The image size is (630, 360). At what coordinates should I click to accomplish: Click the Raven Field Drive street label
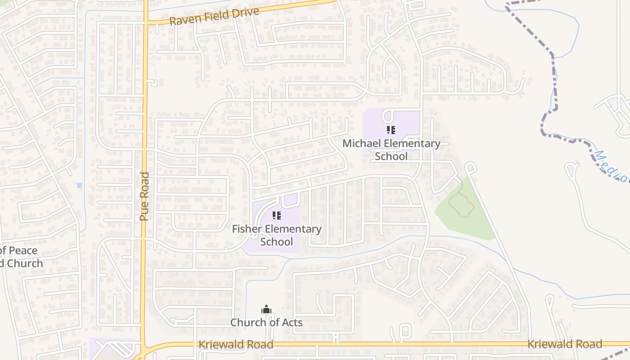pos(215,17)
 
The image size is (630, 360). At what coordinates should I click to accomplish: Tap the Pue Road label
pos(144,196)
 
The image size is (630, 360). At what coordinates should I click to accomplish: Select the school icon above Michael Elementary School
pos(391,130)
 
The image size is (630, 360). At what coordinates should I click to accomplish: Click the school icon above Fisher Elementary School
pos(276,216)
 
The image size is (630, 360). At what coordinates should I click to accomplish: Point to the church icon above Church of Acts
pos(266,310)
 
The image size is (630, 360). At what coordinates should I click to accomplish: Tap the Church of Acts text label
pos(266,323)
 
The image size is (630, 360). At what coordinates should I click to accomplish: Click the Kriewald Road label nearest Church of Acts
pos(236,345)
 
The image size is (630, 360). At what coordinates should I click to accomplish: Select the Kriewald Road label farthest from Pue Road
pos(564,344)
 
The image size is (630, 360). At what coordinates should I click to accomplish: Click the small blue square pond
pos(80,185)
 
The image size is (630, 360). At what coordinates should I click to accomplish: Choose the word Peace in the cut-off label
pos(22,251)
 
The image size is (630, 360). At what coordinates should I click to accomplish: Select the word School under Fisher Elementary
pos(277,242)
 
